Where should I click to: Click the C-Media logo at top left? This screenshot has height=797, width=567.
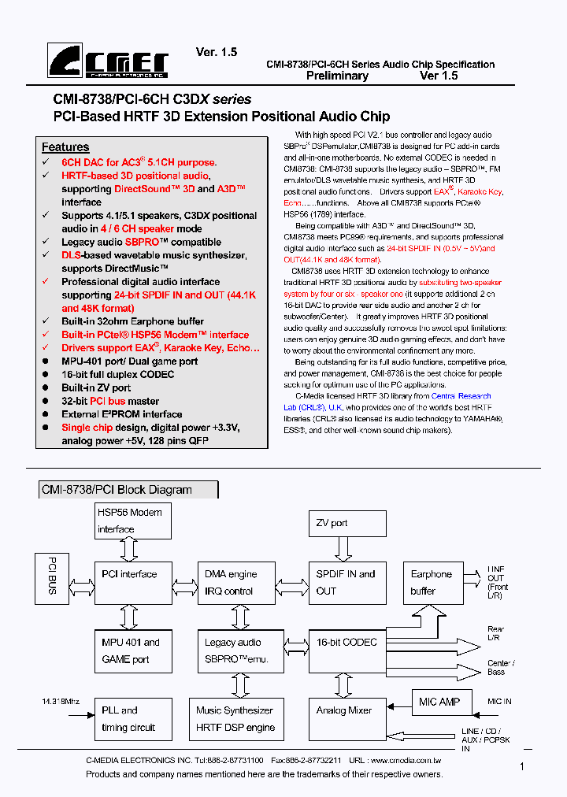click(x=108, y=61)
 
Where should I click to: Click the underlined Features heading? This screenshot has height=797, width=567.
click(x=65, y=147)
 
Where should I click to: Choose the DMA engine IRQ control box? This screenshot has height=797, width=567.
click(x=234, y=583)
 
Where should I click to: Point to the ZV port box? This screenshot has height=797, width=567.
click(x=347, y=523)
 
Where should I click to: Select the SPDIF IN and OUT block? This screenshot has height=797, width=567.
click(x=347, y=582)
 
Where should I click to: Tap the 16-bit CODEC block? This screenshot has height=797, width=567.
click(x=347, y=651)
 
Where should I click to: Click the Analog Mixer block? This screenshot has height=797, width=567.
click(x=347, y=717)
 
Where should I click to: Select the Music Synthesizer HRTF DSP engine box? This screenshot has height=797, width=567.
click(x=234, y=717)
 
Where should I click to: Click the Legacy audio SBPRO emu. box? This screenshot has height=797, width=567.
click(x=234, y=651)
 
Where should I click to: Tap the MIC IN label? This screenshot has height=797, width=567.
click(x=499, y=702)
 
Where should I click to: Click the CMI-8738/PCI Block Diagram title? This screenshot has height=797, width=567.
click(x=117, y=490)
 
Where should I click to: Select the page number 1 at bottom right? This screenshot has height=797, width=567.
click(x=522, y=765)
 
